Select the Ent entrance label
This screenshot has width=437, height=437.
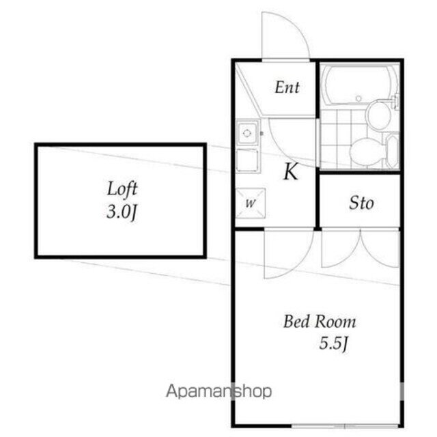[287, 87]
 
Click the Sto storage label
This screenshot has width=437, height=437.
[361, 203]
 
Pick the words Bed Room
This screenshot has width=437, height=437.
[320, 322]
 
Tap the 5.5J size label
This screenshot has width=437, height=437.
[335, 343]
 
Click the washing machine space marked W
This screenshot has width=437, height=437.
[250, 202]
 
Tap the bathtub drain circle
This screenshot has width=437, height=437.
[358, 99]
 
